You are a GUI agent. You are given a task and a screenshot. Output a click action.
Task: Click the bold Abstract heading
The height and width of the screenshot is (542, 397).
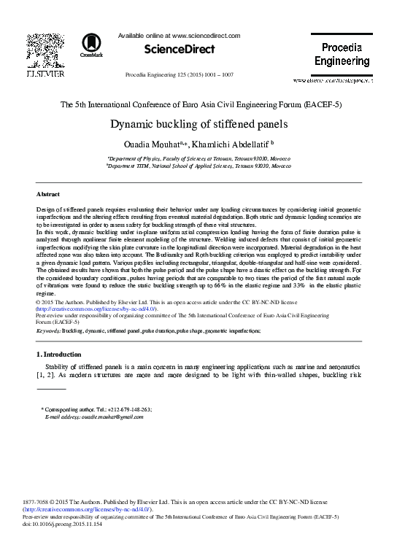point(48,194)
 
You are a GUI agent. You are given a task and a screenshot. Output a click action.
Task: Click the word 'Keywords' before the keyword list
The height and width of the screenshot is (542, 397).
point(48,331)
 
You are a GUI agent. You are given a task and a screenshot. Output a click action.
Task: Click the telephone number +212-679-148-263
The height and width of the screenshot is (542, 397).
point(127,409)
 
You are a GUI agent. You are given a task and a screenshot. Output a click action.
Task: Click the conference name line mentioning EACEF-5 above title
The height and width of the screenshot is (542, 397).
point(198,104)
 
